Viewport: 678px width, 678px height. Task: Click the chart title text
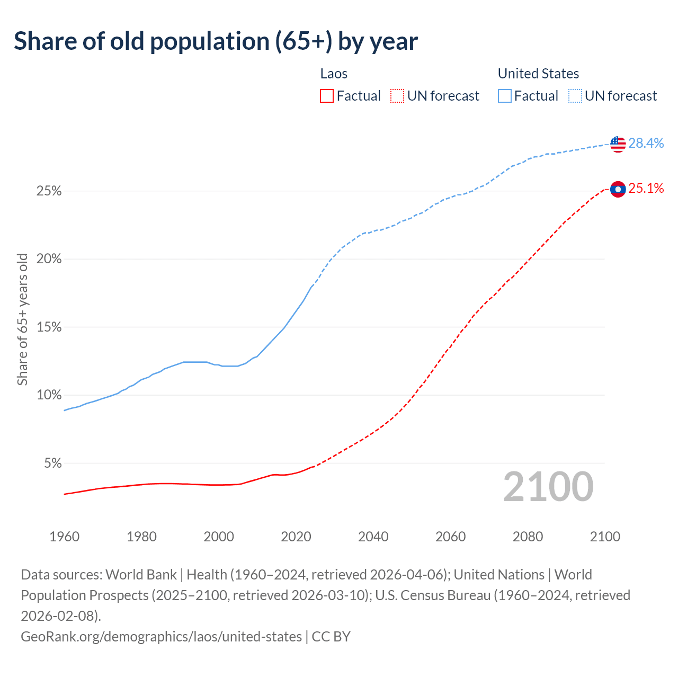click(x=216, y=41)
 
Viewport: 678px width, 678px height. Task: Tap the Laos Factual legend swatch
click(x=327, y=96)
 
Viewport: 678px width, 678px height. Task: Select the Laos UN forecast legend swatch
click(x=397, y=96)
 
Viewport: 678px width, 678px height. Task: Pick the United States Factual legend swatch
click(x=505, y=96)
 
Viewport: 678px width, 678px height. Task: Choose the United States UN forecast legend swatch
click(x=575, y=96)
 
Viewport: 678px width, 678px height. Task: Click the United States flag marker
click(x=618, y=144)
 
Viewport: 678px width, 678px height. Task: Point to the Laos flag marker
click(x=618, y=189)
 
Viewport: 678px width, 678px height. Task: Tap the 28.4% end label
click(x=646, y=143)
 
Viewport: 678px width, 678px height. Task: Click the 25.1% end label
click(x=646, y=189)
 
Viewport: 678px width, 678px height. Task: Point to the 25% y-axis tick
click(x=49, y=191)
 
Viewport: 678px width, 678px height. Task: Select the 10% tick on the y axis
click(x=49, y=395)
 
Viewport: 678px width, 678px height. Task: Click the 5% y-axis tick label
click(x=52, y=463)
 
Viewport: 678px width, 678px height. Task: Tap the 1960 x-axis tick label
click(x=64, y=537)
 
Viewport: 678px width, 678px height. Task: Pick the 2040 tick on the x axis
click(x=373, y=537)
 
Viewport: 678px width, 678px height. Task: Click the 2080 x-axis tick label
click(x=528, y=537)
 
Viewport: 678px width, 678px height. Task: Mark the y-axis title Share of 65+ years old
click(x=22, y=319)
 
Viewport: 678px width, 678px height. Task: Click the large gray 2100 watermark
click(x=548, y=487)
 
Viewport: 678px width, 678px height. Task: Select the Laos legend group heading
click(x=334, y=74)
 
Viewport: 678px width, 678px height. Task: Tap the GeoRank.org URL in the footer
click(x=161, y=636)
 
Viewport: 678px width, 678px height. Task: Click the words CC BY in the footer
click(x=331, y=636)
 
